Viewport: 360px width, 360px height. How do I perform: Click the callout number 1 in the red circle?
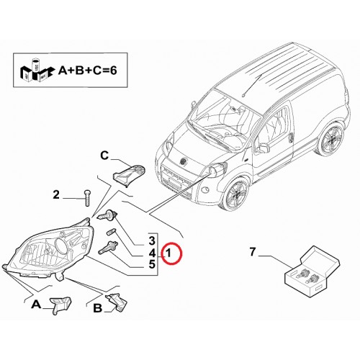pyautogui.click(x=168, y=253)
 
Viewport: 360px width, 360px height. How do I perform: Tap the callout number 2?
pyautogui.click(x=56, y=194)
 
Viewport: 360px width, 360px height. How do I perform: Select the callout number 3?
pyautogui.click(x=152, y=241)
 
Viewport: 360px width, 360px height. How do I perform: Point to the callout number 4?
pyautogui.click(x=152, y=253)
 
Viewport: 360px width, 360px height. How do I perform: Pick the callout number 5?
pyautogui.click(x=152, y=264)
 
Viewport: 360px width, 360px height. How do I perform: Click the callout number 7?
pyautogui.click(x=252, y=252)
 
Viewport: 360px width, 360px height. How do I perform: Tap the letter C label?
pyautogui.click(x=104, y=156)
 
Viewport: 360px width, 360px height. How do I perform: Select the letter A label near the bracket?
pyautogui.click(x=36, y=305)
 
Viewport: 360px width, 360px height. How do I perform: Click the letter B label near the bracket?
pyautogui.click(x=97, y=308)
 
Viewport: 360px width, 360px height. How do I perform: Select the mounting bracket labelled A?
pyautogui.click(x=60, y=305)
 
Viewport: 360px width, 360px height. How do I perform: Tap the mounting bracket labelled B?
pyautogui.click(x=117, y=302)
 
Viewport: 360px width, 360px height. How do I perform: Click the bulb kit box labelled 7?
pyautogui.click(x=312, y=271)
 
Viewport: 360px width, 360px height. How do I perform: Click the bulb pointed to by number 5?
pyautogui.click(x=108, y=248)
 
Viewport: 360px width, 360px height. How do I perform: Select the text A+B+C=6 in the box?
pyautogui.click(x=87, y=71)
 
